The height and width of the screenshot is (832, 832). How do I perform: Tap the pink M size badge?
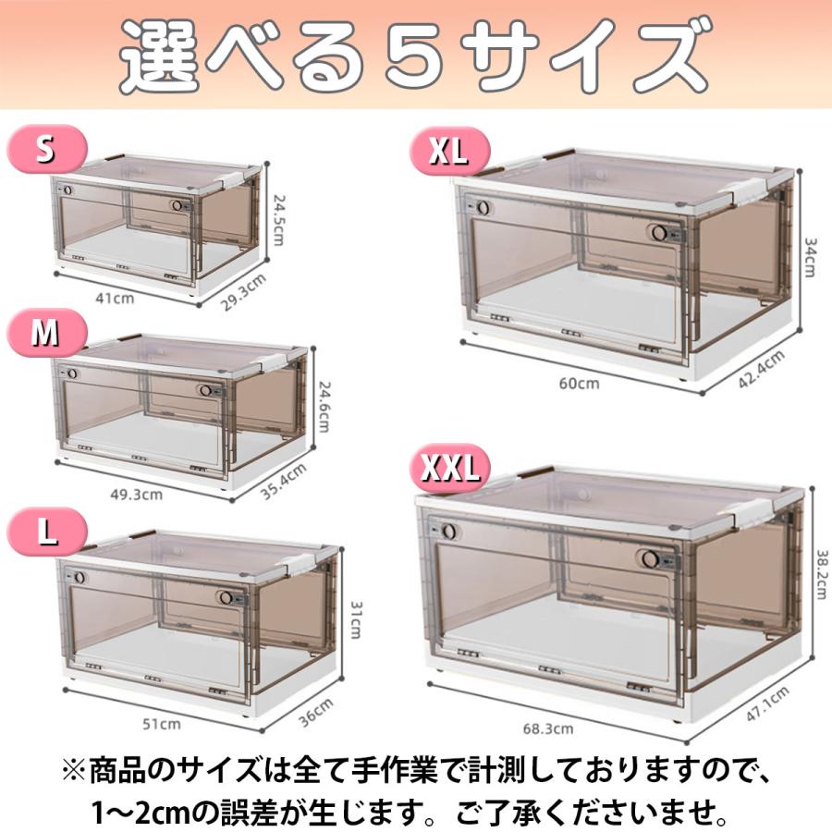[46, 334]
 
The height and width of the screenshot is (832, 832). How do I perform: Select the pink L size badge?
[46, 532]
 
